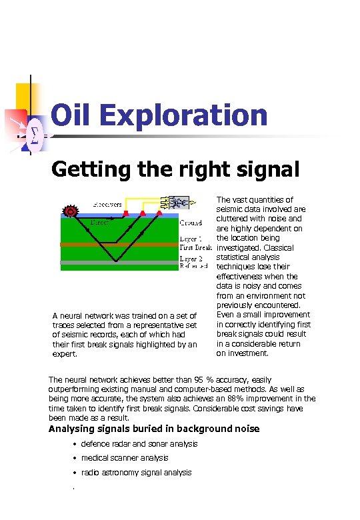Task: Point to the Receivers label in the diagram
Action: pos(107,203)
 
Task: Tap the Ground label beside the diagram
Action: pos(191,223)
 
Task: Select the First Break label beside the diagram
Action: pos(195,247)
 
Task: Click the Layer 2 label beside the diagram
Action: pos(191,258)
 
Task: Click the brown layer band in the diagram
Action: pos(120,245)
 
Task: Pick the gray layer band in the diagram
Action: pos(120,264)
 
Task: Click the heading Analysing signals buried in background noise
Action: pos(163,429)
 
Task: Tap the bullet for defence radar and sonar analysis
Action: pos(75,445)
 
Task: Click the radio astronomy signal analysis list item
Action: pos(136,473)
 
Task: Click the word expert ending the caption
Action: pos(63,354)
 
